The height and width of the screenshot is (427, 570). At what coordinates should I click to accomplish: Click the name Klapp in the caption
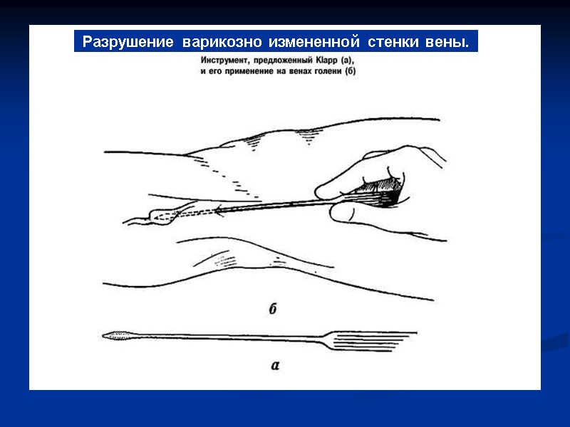[328, 62]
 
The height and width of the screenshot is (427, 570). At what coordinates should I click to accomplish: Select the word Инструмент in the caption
[226, 62]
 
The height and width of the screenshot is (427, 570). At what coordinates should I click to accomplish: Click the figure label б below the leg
[273, 309]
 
